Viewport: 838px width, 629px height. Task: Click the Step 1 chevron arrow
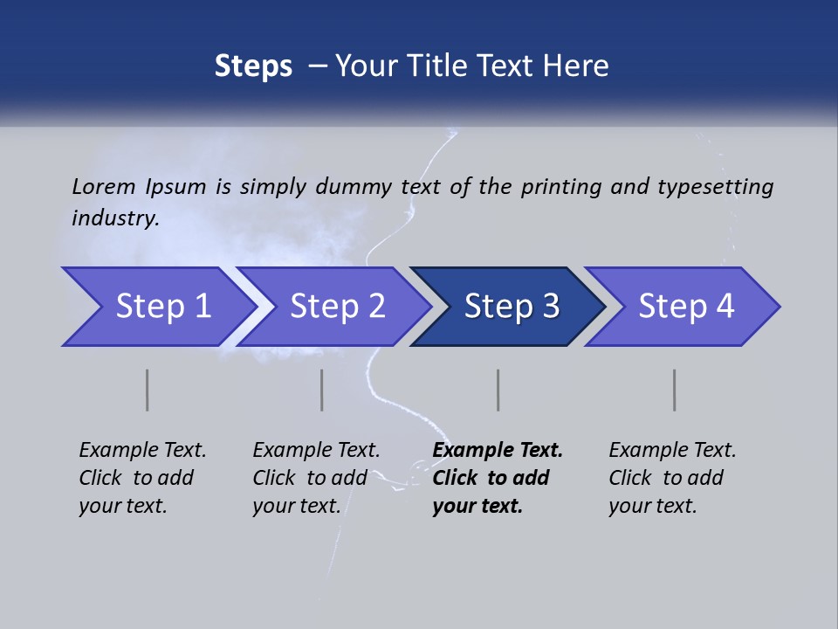pyautogui.click(x=157, y=307)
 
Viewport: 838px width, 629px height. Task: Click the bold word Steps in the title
pyautogui.click(x=253, y=66)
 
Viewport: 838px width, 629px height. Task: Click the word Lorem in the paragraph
pyautogui.click(x=104, y=186)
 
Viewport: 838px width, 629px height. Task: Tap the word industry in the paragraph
pyautogui.click(x=115, y=218)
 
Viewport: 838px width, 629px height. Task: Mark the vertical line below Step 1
pyautogui.click(x=148, y=390)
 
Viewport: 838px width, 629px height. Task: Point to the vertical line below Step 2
pyautogui.click(x=322, y=390)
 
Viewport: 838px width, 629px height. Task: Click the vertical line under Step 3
pyautogui.click(x=498, y=390)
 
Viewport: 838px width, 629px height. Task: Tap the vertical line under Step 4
pyautogui.click(x=675, y=390)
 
